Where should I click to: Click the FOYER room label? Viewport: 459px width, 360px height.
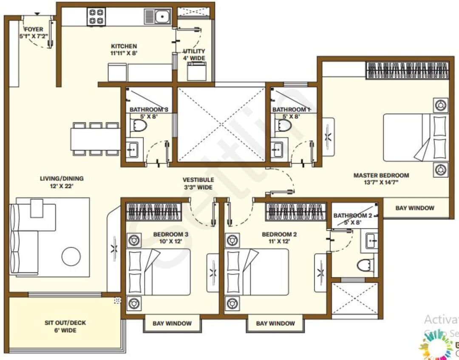34,33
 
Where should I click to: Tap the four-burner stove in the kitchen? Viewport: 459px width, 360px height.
96,17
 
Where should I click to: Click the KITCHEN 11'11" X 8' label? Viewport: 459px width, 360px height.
124,49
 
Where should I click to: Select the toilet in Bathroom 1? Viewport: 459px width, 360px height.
283,125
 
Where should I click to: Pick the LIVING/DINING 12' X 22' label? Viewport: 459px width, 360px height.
62,182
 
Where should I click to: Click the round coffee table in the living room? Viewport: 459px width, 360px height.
71,256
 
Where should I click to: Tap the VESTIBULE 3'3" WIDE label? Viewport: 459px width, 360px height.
198,183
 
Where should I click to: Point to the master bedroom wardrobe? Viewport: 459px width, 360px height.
408,70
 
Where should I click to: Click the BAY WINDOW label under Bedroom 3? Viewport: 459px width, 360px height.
172,323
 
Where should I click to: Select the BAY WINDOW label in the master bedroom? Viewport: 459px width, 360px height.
415,208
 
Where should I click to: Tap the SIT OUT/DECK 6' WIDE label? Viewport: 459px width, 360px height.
65,326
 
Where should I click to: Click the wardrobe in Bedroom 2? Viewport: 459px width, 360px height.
297,211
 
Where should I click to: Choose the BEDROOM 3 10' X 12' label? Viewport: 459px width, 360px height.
171,238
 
